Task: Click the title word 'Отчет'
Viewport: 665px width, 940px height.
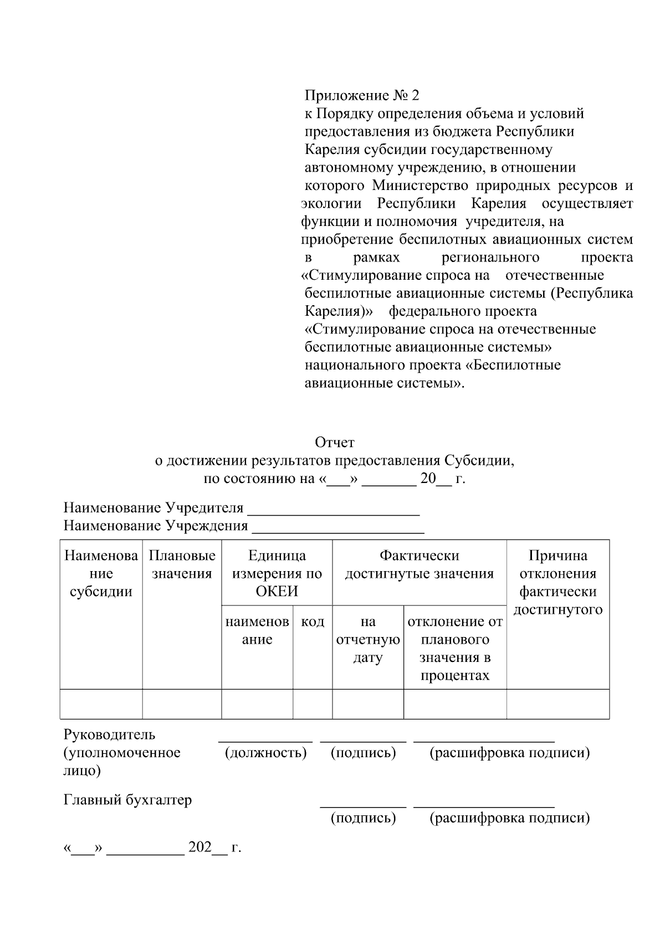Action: click(334, 443)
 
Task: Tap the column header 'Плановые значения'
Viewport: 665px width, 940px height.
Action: click(182, 564)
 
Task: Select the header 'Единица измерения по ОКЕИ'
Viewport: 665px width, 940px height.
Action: click(277, 573)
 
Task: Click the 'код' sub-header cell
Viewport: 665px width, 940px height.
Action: click(313, 622)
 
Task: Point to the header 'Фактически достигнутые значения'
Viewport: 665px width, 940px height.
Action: click(419, 564)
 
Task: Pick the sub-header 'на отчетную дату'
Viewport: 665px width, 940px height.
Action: click(368, 640)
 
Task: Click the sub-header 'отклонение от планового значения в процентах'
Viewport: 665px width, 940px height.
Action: click(455, 648)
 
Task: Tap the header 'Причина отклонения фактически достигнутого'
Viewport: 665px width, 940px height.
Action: click(557, 582)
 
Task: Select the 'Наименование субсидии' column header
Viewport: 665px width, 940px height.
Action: click(101, 573)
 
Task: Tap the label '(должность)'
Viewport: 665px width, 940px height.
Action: click(265, 753)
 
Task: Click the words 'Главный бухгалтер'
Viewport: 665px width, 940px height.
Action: click(128, 800)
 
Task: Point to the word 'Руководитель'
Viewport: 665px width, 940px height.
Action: click(110, 735)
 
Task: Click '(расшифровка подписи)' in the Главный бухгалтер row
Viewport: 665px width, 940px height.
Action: click(509, 818)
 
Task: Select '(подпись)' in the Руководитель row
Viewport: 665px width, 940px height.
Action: click(363, 753)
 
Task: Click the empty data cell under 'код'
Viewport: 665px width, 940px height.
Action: click(313, 704)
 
